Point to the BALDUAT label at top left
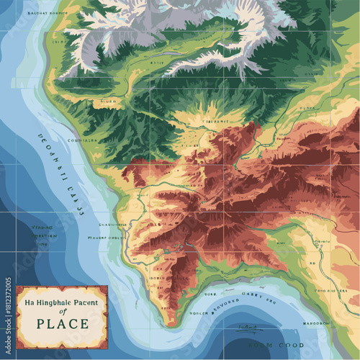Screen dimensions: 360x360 (x=32, y=14)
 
